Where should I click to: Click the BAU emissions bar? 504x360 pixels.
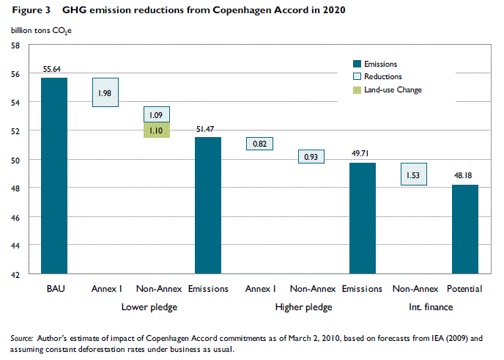click(54, 176)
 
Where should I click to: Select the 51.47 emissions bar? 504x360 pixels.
click(208, 205)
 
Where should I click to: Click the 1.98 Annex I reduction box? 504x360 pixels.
click(105, 92)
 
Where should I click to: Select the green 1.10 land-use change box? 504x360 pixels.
click(156, 130)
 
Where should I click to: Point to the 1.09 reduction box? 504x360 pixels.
click(156, 114)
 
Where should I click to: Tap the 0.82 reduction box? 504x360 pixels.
click(259, 144)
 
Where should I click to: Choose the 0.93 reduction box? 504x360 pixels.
click(311, 156)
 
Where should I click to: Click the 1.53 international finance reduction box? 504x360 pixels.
click(413, 175)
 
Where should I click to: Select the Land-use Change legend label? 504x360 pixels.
click(393, 89)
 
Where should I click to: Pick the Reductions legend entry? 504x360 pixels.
click(382, 76)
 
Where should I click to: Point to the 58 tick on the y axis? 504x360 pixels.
click(15, 45)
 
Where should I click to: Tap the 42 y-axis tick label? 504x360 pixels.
click(15, 275)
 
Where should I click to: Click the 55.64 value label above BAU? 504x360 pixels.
click(54, 70)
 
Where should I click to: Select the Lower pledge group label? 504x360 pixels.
click(149, 306)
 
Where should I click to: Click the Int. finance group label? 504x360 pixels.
click(431, 306)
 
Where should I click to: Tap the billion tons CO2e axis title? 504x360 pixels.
click(41, 30)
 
